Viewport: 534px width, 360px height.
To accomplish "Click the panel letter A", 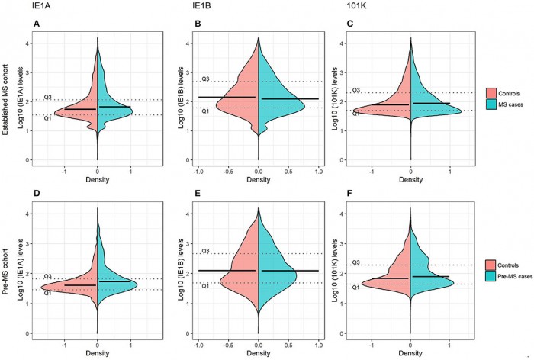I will click(x=37, y=24).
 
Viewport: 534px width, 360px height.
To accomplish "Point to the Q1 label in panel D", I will click(x=47, y=292).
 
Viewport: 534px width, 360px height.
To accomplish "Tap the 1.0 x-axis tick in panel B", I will click(x=318, y=170).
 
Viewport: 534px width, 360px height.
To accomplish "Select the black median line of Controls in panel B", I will click(x=227, y=97).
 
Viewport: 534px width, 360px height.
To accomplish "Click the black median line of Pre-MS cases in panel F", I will click(x=430, y=276).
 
